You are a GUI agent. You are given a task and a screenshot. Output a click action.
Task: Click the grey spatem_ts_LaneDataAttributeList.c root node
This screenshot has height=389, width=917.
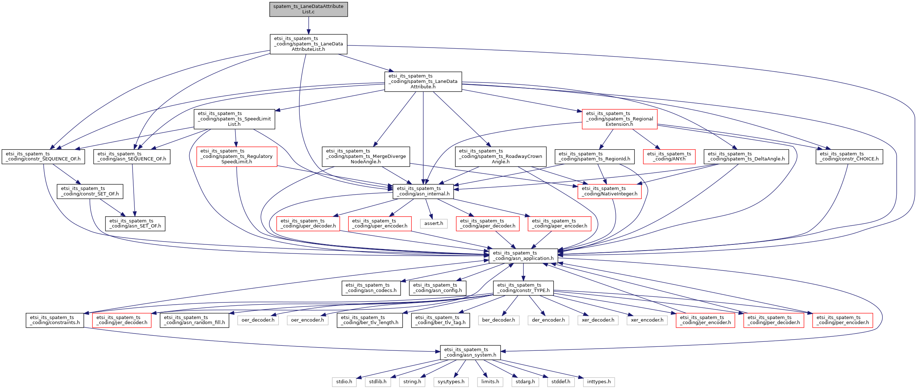click(x=308, y=9)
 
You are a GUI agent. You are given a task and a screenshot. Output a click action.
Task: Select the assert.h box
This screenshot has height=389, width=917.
click(x=434, y=224)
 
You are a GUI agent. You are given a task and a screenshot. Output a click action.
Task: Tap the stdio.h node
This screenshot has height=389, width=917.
click(x=344, y=382)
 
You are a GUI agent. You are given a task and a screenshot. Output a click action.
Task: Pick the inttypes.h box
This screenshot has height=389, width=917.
click(x=598, y=382)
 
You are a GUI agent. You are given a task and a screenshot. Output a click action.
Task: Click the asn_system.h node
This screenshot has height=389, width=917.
click(x=470, y=352)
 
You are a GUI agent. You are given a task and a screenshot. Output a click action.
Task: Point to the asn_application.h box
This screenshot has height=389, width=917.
click(x=523, y=256)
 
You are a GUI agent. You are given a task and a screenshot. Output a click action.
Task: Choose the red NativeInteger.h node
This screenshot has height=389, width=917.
click(x=609, y=191)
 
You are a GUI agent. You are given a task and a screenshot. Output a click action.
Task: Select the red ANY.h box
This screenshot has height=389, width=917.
click(x=669, y=156)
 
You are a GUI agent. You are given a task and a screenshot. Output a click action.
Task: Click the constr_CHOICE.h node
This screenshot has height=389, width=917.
click(x=849, y=156)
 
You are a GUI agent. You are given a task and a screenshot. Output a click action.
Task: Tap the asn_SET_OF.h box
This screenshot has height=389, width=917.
click(x=135, y=224)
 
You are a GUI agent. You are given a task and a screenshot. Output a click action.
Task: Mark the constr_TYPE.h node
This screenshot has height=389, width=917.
click(x=523, y=288)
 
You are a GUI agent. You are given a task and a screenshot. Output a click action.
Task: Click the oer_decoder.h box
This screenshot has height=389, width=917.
click(x=258, y=320)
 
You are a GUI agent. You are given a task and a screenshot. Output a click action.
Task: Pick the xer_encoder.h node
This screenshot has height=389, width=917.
click(x=647, y=320)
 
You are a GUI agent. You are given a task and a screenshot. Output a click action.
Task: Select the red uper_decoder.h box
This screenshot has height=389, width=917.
click(x=308, y=224)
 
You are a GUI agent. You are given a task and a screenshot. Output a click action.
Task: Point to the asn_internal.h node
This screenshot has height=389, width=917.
click(x=423, y=191)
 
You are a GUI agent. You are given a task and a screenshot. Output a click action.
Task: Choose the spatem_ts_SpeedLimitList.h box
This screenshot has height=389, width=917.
click(x=234, y=119)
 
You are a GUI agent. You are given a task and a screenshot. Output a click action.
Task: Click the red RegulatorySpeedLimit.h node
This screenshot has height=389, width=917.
click(x=237, y=156)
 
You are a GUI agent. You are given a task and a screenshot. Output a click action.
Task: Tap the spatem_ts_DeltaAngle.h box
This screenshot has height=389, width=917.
click(x=746, y=156)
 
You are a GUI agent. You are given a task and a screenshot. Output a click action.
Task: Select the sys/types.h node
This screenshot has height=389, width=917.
click(x=451, y=382)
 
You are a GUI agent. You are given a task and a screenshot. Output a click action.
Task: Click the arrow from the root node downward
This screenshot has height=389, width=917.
click(x=308, y=25)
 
